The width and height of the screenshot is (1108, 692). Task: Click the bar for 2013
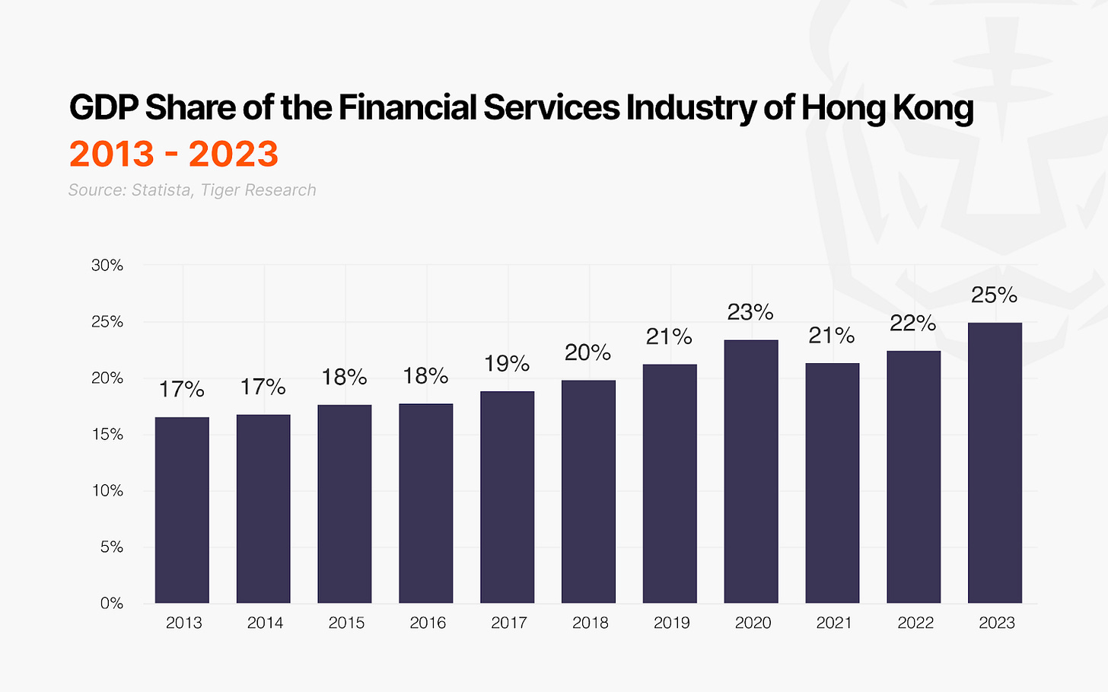click(182, 510)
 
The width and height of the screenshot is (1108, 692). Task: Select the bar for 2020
click(751, 472)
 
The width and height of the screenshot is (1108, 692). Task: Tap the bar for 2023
click(995, 463)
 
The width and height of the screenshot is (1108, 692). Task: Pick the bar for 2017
click(508, 497)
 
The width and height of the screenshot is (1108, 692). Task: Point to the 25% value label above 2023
click(994, 295)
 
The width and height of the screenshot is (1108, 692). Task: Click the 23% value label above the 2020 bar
click(750, 312)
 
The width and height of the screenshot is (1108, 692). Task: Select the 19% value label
click(507, 364)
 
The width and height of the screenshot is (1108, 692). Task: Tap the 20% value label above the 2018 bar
click(588, 352)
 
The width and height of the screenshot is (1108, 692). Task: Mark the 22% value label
click(913, 324)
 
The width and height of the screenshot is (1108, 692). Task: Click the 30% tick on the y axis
click(107, 266)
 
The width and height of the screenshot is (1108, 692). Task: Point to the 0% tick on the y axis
click(112, 604)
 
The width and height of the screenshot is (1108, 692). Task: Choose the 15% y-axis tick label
click(107, 435)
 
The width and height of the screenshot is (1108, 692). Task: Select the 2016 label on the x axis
click(428, 623)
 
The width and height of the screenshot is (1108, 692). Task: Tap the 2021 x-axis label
click(834, 623)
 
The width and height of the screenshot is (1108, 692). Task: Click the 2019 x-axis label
click(672, 623)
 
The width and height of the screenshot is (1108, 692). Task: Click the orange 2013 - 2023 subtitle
click(174, 154)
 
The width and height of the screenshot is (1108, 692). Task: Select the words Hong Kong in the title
click(887, 108)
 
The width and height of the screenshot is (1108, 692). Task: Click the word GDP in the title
click(103, 108)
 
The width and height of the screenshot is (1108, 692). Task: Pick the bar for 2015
click(345, 504)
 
